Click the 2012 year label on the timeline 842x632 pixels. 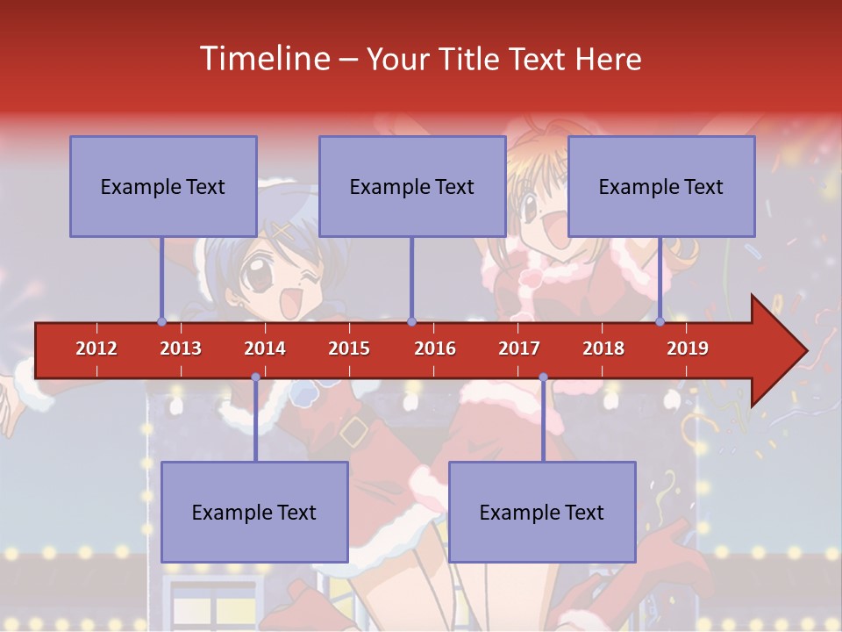(96, 348)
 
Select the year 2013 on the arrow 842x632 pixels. (181, 348)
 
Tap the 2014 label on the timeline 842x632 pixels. (265, 348)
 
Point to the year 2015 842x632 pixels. (349, 348)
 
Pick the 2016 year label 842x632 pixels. (435, 348)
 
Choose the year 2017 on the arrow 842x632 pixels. (519, 348)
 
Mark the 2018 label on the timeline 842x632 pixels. (603, 348)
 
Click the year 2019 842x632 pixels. (688, 348)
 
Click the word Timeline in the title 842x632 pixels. (265, 59)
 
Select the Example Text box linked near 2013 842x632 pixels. (163, 186)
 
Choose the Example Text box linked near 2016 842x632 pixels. (412, 186)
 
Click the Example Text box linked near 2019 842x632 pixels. (661, 186)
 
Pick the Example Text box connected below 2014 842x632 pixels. (254, 512)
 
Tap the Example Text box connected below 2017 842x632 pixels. (542, 512)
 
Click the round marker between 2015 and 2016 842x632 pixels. (411, 321)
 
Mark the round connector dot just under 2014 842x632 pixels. (255, 377)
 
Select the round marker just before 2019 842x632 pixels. (660, 321)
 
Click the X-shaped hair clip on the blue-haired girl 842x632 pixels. (283, 231)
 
